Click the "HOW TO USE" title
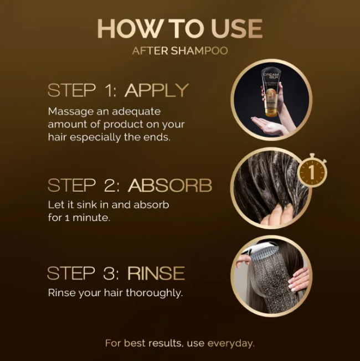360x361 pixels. [x=180, y=28]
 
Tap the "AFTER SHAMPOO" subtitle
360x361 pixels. [x=180, y=51]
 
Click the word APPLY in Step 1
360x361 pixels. [x=157, y=90]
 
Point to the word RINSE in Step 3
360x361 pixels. [x=156, y=274]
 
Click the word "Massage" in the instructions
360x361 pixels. [x=69, y=111]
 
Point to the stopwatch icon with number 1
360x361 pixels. [x=312, y=173]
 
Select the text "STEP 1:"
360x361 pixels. [x=83, y=90]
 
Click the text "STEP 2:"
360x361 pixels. [x=84, y=185]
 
